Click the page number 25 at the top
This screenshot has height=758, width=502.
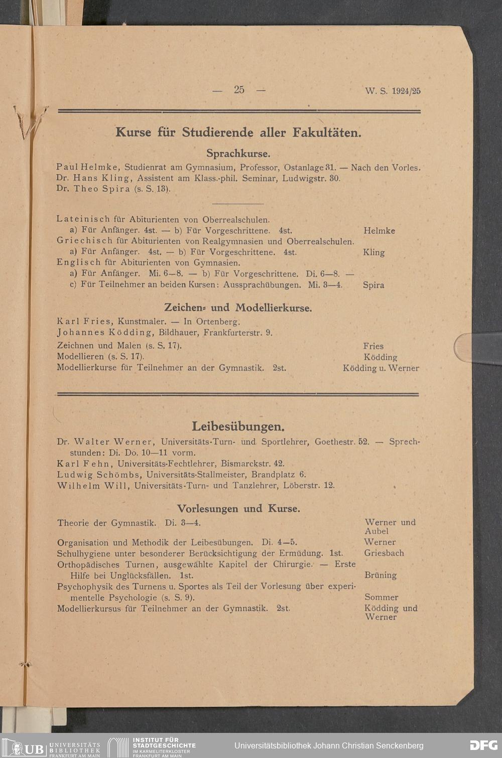pos(239,90)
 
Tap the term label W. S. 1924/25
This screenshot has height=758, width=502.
pos(393,91)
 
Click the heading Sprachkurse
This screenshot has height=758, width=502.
pos(238,153)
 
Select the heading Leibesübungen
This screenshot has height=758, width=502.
pos(238,426)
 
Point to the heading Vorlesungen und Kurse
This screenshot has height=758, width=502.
pos(238,508)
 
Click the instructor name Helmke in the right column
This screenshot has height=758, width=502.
pos(379,231)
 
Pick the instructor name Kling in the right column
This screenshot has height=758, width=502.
pos(373,252)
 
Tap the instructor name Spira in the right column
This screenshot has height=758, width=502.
pos(373,285)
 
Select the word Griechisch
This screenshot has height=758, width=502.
pos(84,241)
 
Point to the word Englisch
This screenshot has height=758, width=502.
pos(79,262)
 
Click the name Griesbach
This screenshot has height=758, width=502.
pos(384,553)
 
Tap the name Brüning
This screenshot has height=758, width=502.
pos(380,575)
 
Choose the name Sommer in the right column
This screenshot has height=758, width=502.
pos(381,597)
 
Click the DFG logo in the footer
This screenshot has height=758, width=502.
pos(483,745)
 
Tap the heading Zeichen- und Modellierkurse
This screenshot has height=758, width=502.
pos(238,308)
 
